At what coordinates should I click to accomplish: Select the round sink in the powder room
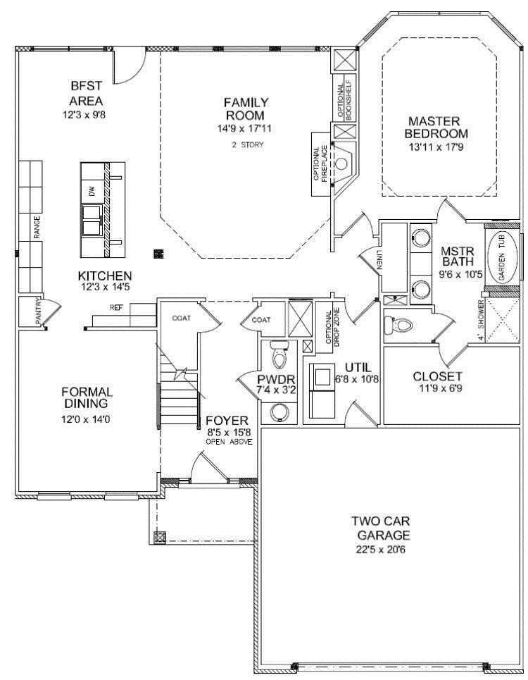click(279, 412)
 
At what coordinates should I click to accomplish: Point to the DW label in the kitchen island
click(92, 191)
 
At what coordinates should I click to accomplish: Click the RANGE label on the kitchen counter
click(37, 227)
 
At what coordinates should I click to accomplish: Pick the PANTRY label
click(38, 311)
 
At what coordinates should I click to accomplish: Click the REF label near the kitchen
click(115, 307)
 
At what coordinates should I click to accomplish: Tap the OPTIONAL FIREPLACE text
click(320, 164)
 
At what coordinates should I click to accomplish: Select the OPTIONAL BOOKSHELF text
click(345, 101)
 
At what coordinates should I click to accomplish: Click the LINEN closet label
click(379, 259)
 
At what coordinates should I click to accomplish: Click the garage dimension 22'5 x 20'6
click(380, 550)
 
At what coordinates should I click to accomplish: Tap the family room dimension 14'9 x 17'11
click(246, 128)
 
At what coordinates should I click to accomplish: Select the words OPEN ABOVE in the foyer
click(229, 442)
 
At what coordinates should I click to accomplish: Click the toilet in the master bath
click(397, 326)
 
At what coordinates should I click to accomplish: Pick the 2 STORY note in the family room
click(247, 145)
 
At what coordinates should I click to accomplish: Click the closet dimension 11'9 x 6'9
click(437, 388)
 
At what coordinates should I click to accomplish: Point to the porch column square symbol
click(159, 536)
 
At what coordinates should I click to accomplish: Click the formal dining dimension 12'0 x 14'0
click(87, 419)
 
